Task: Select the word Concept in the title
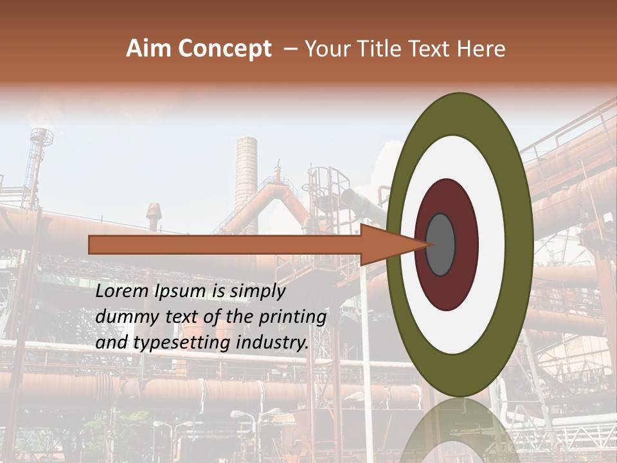click(x=224, y=49)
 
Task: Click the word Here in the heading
click(x=480, y=49)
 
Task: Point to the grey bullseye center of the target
click(x=440, y=244)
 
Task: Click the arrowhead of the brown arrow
click(x=392, y=244)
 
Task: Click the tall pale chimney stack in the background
click(x=246, y=174)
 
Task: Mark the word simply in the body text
click(x=257, y=292)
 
